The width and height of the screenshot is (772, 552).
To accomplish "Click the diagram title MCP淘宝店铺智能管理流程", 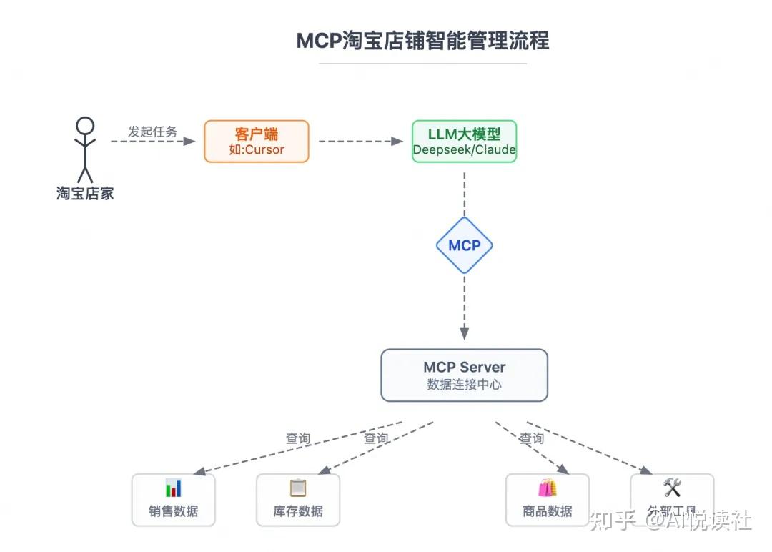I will (422, 41).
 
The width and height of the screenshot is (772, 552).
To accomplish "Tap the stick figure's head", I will (85, 126).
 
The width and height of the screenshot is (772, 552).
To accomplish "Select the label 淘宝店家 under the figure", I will (85, 193).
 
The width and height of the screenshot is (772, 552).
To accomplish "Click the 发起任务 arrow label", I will (152, 132).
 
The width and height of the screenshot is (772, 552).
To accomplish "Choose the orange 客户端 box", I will (257, 141).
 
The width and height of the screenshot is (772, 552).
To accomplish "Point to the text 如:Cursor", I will (257, 149).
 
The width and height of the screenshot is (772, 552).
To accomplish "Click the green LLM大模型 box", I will (464, 141).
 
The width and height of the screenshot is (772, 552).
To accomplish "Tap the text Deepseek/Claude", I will (464, 150).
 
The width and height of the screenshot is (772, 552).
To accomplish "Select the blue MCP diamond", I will (464, 245).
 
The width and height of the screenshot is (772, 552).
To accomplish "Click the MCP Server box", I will (464, 375).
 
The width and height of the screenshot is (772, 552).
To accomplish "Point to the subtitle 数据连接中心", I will (464, 384).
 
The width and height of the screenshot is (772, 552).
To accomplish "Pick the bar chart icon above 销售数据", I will (174, 488).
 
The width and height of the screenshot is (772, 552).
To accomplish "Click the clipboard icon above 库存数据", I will (298, 488).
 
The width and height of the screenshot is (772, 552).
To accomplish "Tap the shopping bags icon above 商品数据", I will (548, 488).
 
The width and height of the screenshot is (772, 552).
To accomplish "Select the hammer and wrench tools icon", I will (672, 488).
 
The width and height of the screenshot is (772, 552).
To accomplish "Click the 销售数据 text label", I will (174, 511).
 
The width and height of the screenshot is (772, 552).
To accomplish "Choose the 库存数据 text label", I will (298, 511).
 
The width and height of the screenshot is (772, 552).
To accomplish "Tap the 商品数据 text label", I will (548, 511).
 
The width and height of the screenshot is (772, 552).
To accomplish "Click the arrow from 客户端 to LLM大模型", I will (360, 142).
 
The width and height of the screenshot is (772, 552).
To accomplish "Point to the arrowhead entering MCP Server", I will (464, 334).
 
